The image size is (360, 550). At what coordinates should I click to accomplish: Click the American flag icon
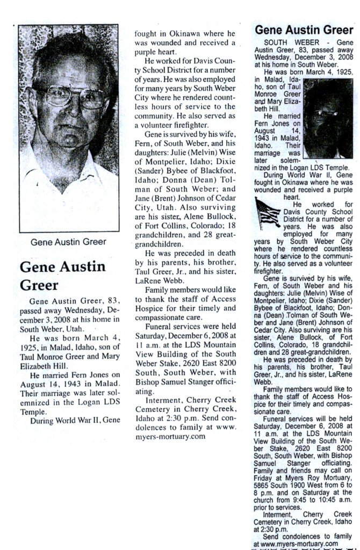[268, 213]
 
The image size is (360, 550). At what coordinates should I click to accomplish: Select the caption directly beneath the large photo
[68, 242]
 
